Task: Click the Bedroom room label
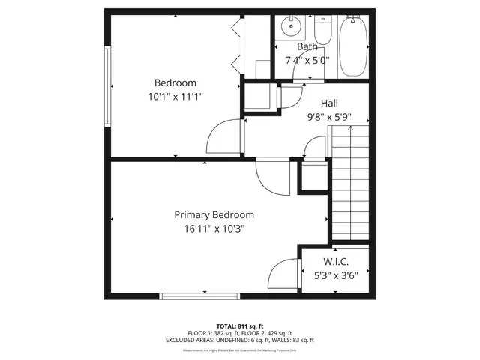tap(175, 82)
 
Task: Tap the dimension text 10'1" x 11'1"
tap(175, 97)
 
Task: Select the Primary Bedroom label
tap(214, 214)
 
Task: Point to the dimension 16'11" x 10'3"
tap(214, 229)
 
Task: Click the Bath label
tap(307, 46)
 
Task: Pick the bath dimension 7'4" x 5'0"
tap(307, 60)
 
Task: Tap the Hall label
tap(329, 103)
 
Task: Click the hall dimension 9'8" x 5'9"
tap(329, 118)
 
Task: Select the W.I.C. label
tap(336, 261)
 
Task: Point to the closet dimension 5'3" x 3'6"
tap(336, 274)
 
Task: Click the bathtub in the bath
tap(352, 46)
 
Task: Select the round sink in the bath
tap(289, 28)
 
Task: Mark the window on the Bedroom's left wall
tap(108, 87)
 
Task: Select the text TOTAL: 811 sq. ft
tap(240, 326)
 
